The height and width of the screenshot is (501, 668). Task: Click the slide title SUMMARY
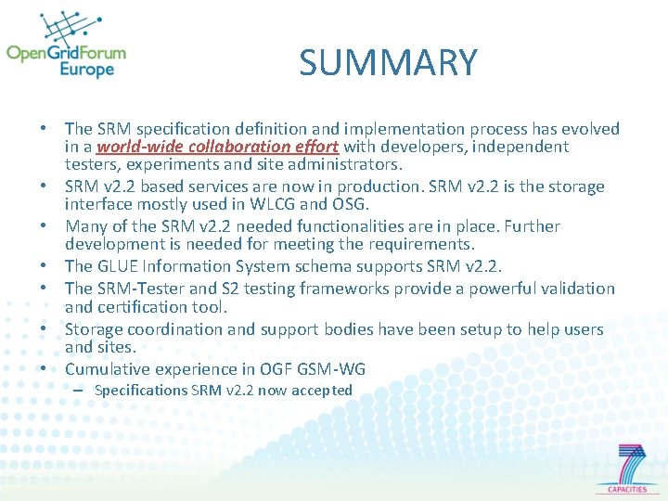click(x=388, y=63)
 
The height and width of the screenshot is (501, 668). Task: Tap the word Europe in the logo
click(x=87, y=70)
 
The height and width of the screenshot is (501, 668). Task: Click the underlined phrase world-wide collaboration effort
click(x=217, y=147)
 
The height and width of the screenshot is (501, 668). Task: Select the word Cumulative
click(x=109, y=369)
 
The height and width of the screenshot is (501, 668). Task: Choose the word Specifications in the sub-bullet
click(x=141, y=391)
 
